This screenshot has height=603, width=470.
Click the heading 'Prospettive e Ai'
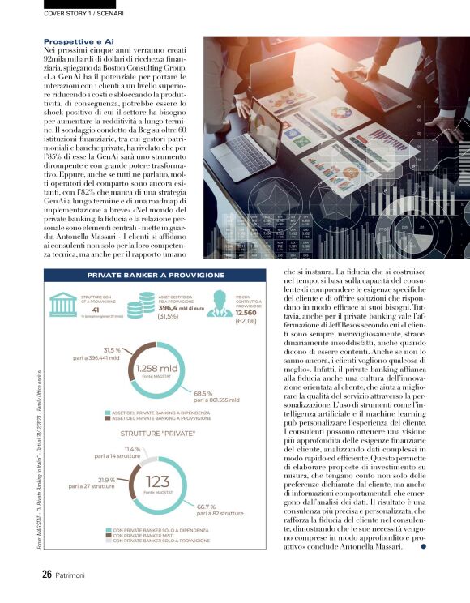79,41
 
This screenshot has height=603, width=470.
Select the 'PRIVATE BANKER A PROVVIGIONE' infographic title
156,276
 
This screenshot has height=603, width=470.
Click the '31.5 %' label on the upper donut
107,351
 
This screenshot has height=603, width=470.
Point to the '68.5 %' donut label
204,393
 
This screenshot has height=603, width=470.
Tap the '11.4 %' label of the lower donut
132,449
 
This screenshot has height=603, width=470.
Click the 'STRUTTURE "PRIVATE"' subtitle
156,434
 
